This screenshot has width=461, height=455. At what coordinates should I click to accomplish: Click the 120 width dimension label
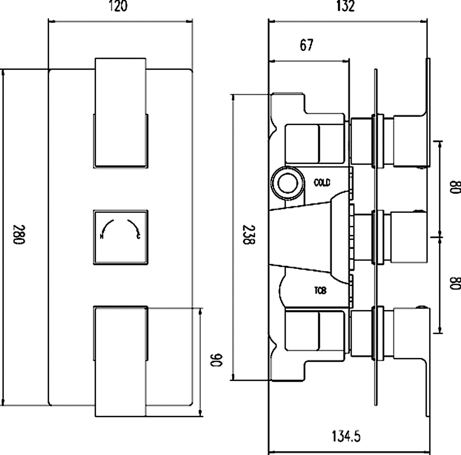coord(118,6)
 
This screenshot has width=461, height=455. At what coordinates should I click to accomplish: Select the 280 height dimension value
coord(19,235)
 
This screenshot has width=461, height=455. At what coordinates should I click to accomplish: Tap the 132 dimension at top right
coord(345,6)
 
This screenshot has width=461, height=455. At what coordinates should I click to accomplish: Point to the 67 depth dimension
coord(307,45)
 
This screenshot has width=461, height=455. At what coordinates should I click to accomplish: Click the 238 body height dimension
coord(249,235)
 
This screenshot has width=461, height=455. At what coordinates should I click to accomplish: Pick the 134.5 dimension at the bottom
coord(346,436)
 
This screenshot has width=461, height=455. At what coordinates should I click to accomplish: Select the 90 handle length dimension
coord(217,360)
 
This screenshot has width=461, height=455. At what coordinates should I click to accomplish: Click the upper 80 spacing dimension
coord(455,187)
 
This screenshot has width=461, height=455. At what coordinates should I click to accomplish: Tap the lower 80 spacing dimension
coord(455,283)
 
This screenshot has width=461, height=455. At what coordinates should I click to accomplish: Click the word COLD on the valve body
coord(322,183)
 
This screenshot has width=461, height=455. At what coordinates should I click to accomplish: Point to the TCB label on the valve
coord(320,291)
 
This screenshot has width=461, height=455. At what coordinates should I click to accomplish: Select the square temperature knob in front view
coord(121,237)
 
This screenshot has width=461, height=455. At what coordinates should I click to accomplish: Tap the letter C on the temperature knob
coord(138,236)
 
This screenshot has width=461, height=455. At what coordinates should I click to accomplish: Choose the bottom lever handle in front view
coord(121,361)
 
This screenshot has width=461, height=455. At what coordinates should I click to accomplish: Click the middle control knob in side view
coord(408,237)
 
